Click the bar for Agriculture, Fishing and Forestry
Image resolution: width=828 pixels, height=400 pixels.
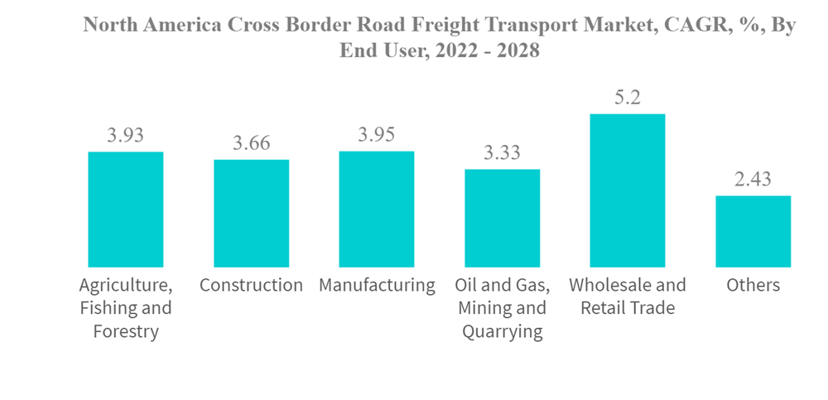[x=126, y=210]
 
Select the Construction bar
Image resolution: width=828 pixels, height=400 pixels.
[x=252, y=213]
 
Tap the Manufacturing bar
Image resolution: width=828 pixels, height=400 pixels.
[x=377, y=209]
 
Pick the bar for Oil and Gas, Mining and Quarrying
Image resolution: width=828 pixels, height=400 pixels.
[x=502, y=218]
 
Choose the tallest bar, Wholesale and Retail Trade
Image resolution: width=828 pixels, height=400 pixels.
[x=627, y=190]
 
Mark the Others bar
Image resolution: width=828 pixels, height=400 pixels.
[x=753, y=231]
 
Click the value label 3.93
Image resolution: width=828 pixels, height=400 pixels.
[x=126, y=136]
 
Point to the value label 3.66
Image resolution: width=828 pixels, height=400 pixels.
[x=252, y=143]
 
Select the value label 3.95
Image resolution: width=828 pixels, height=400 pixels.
[x=377, y=135]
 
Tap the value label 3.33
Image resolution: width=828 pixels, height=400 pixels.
[x=502, y=153]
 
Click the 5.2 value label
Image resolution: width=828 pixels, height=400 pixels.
[x=627, y=98]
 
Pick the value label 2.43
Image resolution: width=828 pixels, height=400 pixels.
[x=753, y=180]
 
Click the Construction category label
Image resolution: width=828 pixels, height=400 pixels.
[x=252, y=286]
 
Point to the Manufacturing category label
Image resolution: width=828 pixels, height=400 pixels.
[x=377, y=286]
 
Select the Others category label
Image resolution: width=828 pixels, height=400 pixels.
[x=753, y=286]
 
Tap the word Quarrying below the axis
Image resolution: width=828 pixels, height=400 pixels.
[x=502, y=333]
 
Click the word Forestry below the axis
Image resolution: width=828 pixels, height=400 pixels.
[x=126, y=333]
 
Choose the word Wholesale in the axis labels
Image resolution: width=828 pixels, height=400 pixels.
[x=609, y=286]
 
